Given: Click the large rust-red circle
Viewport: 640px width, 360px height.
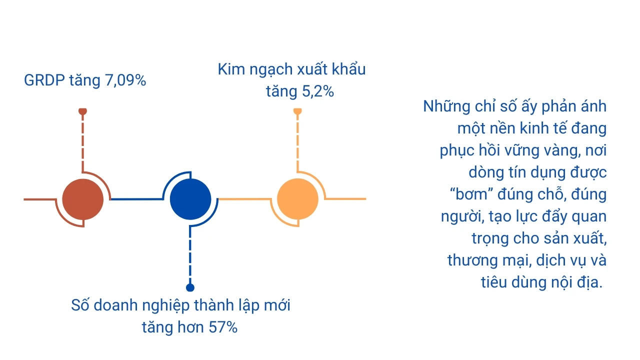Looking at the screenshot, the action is click(x=83, y=199).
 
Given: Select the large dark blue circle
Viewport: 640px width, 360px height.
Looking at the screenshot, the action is click(x=190, y=199).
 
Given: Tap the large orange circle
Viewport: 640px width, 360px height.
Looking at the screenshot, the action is click(x=297, y=199).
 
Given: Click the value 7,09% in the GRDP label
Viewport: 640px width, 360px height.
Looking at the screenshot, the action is click(x=125, y=80).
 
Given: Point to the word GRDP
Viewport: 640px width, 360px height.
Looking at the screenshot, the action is click(x=44, y=80).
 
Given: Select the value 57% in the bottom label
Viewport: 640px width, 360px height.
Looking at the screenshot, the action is click(x=223, y=327).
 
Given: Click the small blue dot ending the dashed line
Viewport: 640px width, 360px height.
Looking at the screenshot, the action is click(x=190, y=287).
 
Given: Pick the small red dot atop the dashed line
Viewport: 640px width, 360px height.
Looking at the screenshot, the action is click(x=82, y=111).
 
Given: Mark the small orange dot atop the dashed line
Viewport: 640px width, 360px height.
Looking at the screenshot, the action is click(x=297, y=111).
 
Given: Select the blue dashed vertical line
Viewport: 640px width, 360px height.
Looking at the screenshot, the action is click(x=190, y=255).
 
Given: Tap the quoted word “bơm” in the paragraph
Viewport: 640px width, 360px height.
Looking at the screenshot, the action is click(x=471, y=194).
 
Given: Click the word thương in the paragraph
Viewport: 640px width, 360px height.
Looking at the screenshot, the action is click(x=472, y=260).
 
